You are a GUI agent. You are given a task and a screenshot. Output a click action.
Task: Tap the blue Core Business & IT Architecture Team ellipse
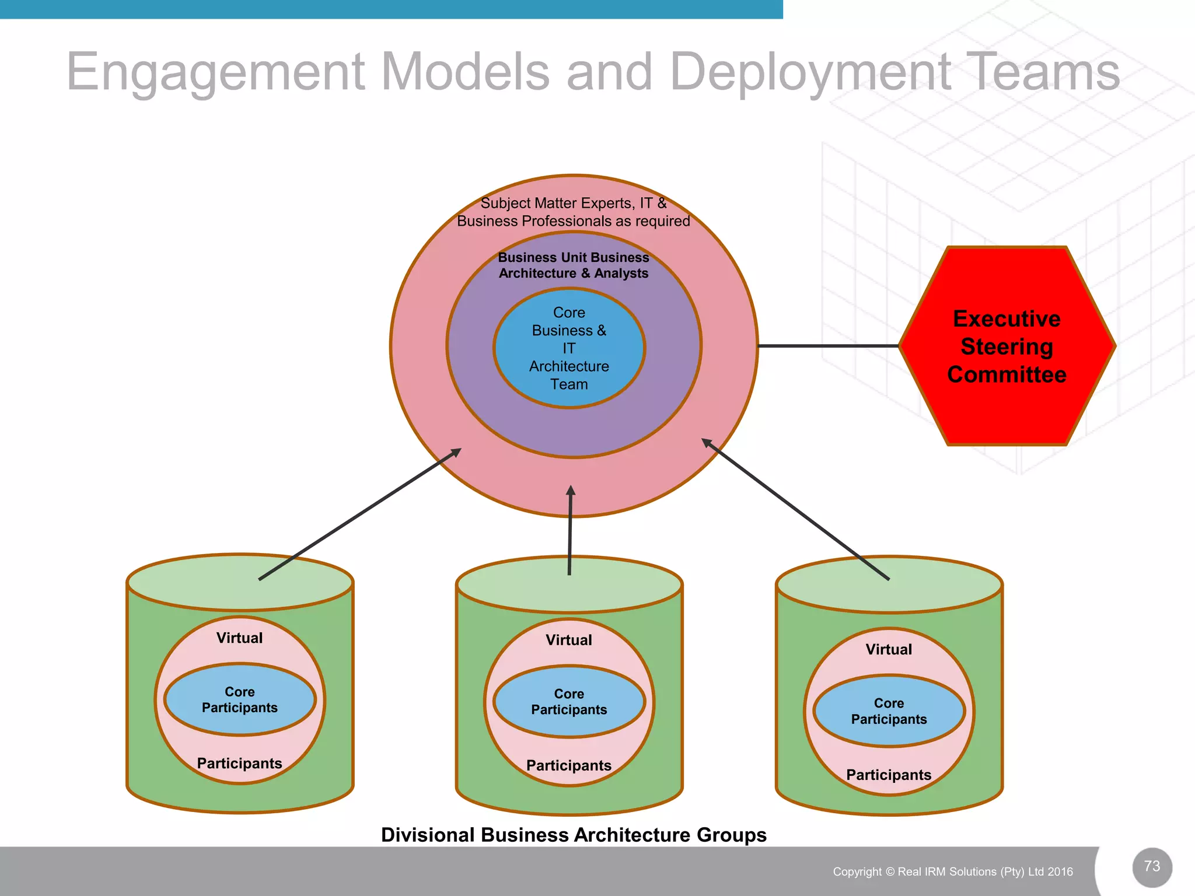click(569, 348)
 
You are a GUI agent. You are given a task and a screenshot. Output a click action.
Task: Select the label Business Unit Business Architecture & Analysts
click(573, 265)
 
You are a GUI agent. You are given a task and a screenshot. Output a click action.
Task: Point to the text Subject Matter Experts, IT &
click(573, 203)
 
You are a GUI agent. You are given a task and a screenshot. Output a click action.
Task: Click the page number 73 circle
click(1152, 867)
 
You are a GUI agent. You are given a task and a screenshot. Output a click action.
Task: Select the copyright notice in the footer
click(952, 871)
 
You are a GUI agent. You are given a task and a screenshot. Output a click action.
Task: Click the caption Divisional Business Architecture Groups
click(573, 835)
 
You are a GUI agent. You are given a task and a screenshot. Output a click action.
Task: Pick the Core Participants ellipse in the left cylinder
click(240, 699)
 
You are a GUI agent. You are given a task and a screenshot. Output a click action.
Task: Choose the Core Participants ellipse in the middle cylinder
click(569, 702)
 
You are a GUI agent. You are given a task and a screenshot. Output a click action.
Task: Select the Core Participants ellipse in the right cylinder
click(889, 711)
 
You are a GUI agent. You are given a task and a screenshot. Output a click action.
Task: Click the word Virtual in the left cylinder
click(240, 638)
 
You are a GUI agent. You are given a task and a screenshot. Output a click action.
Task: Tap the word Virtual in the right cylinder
click(889, 649)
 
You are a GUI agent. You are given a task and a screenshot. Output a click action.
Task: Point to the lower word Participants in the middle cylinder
click(569, 765)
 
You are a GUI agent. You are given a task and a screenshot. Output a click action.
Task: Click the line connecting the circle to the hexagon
click(829, 346)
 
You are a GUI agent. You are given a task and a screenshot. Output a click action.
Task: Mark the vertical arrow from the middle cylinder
click(570, 531)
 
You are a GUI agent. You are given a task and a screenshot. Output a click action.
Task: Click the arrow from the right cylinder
click(796, 509)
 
